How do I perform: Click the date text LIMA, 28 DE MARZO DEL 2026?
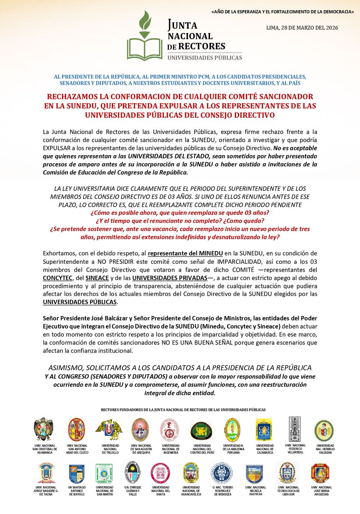pyautogui.click(x=302, y=27)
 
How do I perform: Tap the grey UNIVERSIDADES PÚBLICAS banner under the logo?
pyautogui.click(x=204, y=57)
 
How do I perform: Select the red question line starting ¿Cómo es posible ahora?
pyautogui.click(x=180, y=213)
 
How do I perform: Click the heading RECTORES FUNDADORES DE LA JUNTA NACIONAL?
pyautogui.click(x=183, y=410)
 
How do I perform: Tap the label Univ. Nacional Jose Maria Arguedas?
pyautogui.click(x=321, y=490)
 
